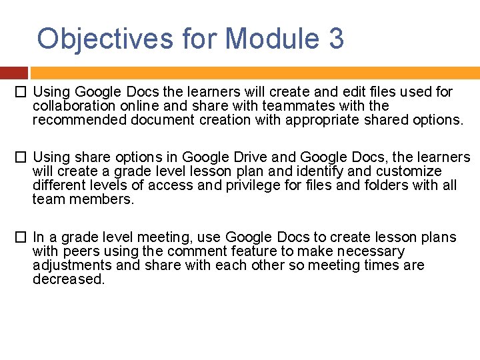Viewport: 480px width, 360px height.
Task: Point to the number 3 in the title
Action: pyautogui.click(x=336, y=39)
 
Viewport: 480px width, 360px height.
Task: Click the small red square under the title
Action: pyautogui.click(x=13, y=73)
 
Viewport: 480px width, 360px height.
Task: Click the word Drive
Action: pyautogui.click(x=250, y=157)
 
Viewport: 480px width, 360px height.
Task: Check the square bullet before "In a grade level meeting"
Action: pyautogui.click(x=22, y=237)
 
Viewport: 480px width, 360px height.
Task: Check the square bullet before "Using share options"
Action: pyautogui.click(x=22, y=157)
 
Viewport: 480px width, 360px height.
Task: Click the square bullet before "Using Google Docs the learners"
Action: pyautogui.click(x=22, y=92)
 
